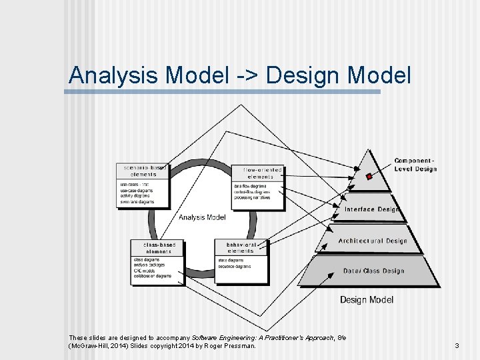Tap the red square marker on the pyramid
click(369, 177)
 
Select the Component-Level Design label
click(415, 165)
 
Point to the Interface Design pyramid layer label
click(371, 209)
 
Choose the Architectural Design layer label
click(372, 241)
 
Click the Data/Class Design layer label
click(373, 271)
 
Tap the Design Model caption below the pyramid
click(367, 299)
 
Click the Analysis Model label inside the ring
click(202, 217)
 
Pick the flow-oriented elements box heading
click(258, 173)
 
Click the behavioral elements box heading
click(241, 248)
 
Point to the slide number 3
click(457, 345)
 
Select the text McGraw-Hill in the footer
click(91, 345)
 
